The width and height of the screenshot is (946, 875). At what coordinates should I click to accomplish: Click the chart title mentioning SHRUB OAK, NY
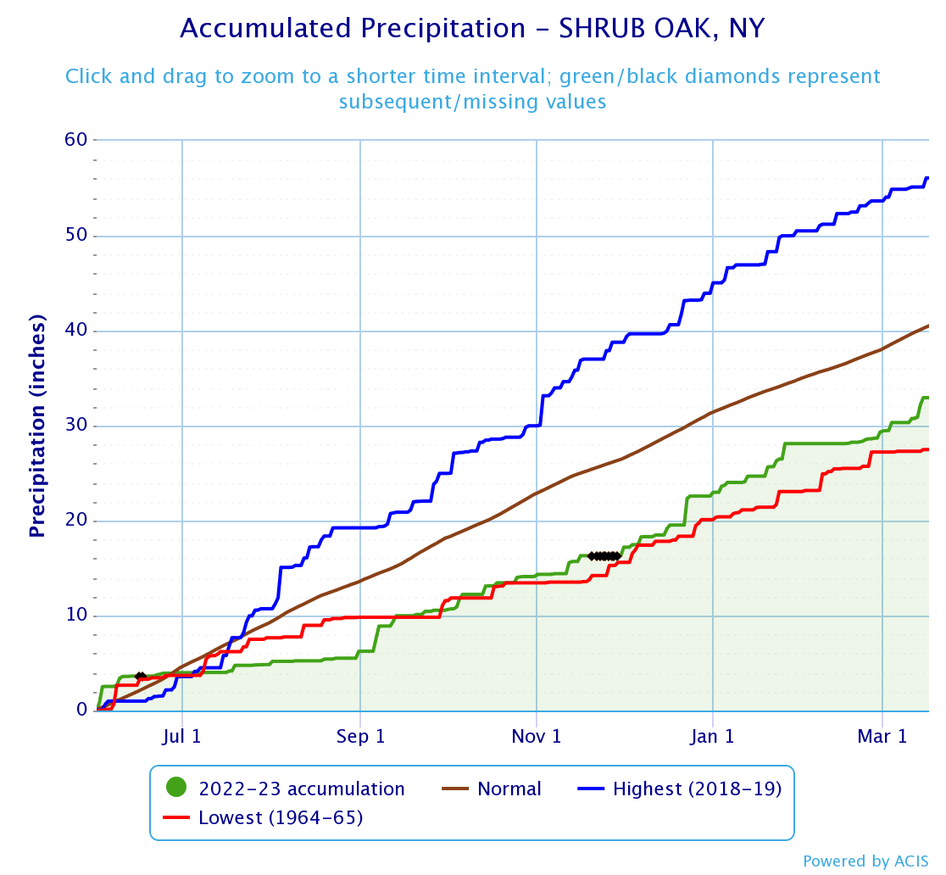tap(472, 29)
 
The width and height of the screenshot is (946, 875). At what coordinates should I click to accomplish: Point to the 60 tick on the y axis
tap(75, 139)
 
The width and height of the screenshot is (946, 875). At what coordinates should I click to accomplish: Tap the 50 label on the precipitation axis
tap(75, 235)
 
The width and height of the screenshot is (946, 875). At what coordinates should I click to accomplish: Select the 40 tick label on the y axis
tap(75, 330)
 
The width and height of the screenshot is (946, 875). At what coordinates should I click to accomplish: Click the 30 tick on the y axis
tap(75, 426)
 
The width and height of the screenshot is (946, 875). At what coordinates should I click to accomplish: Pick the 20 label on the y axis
tap(75, 521)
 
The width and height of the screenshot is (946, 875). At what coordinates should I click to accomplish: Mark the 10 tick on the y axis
tap(75, 616)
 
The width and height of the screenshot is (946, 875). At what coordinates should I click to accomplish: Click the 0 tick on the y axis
tap(81, 711)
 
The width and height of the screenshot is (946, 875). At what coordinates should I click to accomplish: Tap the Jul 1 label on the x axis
tap(182, 736)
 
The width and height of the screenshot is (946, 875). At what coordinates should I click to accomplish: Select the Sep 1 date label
tap(360, 736)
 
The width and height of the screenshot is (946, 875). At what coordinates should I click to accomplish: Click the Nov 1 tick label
tap(537, 736)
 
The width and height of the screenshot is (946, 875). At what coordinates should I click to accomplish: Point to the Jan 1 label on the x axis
tap(713, 736)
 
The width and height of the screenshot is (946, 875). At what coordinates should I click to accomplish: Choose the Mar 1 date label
tap(883, 736)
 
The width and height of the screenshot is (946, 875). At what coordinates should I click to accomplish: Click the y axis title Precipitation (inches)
tap(36, 426)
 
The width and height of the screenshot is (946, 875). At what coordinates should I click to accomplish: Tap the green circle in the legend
tap(176, 789)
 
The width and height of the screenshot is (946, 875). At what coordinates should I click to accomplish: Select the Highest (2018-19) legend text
tap(697, 789)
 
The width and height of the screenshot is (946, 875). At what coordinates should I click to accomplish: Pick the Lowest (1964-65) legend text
tap(281, 818)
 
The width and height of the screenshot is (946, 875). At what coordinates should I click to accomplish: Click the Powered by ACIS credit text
tap(865, 861)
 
